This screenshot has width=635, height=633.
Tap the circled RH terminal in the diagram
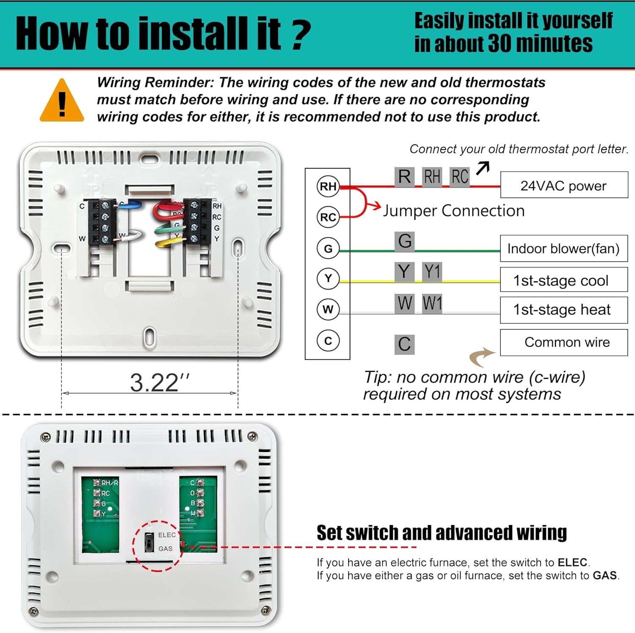click(328, 186)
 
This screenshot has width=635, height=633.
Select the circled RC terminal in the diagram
click(328, 217)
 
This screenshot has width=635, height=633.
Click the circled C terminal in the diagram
click(328, 341)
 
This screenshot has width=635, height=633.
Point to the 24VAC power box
click(563, 185)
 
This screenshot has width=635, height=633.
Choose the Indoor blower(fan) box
click(563, 249)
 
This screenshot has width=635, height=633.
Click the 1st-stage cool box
click(563, 280)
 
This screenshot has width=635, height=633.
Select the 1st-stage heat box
click(563, 310)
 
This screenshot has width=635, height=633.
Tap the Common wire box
click(563, 342)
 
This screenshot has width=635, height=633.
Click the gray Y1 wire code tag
click(432, 271)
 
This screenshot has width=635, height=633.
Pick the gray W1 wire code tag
click(432, 303)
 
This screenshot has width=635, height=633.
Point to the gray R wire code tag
click(404, 177)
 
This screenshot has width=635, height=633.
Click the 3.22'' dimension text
click(159, 383)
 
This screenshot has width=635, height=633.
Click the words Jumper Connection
click(453, 210)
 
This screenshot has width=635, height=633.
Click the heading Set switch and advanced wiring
click(442, 533)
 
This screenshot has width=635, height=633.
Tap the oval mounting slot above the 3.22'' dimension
click(61, 248)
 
